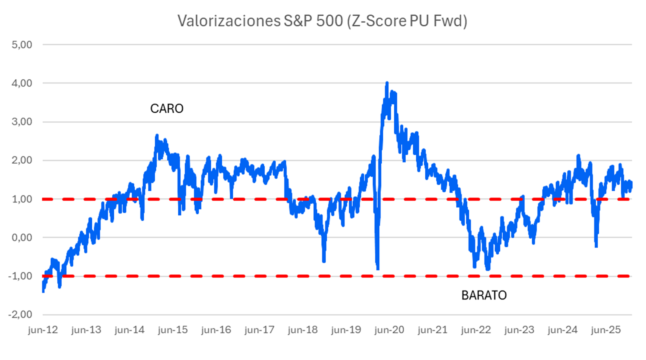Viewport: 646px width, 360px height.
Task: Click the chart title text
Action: tap(322, 21)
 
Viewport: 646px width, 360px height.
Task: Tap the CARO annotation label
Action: tap(167, 109)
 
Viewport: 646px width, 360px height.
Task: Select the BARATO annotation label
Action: tap(484, 295)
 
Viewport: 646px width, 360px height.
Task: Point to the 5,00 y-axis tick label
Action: tap(22, 45)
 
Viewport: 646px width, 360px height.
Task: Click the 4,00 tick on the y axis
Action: tap(22, 83)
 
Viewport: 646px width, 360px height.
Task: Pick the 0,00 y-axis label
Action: tap(22, 238)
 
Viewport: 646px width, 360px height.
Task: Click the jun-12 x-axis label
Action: tap(43, 330)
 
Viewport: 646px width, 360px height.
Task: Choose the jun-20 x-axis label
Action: tap(389, 330)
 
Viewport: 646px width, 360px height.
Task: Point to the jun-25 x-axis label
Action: tap(606, 330)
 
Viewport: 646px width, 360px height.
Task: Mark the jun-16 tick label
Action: tap(216, 330)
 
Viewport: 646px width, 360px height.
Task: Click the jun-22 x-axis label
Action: tap(476, 330)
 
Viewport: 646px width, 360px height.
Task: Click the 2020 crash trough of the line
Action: tap(378, 269)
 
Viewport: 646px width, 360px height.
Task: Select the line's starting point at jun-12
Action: tap(43, 291)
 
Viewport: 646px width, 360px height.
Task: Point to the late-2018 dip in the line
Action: tap(324, 261)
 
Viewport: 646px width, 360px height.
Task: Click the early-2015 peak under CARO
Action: tap(157, 136)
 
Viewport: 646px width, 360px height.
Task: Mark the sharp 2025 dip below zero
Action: tap(596, 246)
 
